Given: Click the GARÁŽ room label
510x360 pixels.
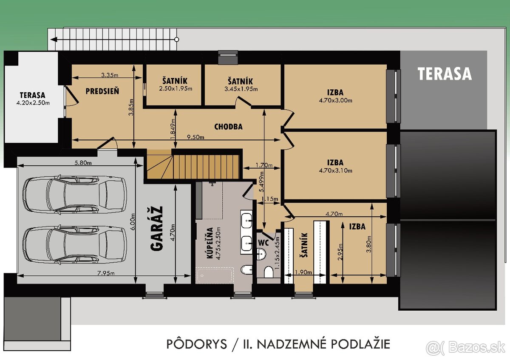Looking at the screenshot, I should click(x=156, y=229).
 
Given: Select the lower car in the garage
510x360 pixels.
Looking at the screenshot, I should click(x=75, y=244).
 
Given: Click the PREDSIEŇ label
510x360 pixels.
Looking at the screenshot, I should click(x=102, y=91).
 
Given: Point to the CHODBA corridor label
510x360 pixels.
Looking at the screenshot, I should click(x=228, y=127).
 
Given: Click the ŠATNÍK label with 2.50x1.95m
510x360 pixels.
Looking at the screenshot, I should click(x=175, y=81).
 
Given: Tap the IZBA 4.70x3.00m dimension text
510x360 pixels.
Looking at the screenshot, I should click(x=335, y=101).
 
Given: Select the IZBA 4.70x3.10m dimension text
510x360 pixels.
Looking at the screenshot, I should click(x=335, y=171).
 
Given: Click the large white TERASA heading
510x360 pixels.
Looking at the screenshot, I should click(x=444, y=74).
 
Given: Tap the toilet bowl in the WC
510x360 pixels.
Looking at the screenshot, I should click(x=268, y=271).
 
